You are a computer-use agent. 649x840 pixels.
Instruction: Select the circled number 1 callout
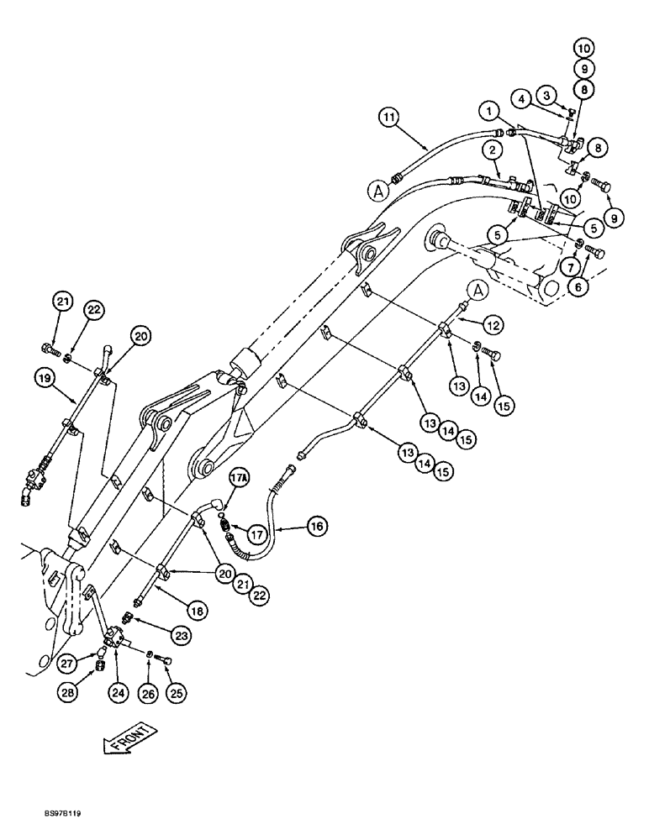click(486, 110)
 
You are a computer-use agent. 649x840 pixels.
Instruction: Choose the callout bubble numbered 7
click(571, 266)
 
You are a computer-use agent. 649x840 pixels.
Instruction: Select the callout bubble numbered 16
click(317, 527)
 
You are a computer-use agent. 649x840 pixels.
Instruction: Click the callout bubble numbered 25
click(177, 694)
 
